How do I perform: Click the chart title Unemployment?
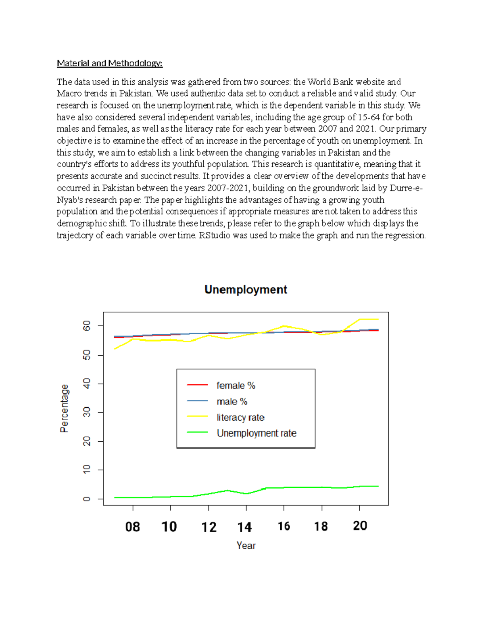[246, 289]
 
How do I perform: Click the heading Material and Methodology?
[109, 63]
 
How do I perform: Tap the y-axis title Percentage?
[65, 408]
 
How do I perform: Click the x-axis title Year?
[246, 545]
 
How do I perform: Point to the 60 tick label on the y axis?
[87, 326]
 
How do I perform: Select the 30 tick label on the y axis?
[87, 412]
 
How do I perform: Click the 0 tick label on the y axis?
[87, 499]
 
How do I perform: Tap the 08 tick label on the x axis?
[132, 527]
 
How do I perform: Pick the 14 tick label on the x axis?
[244, 527]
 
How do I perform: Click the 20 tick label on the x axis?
[360, 526]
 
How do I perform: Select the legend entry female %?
[236, 386]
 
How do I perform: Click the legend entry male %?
[232, 402]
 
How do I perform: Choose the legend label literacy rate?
[240, 417]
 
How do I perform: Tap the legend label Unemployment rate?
[257, 433]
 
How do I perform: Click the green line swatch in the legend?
[197, 432]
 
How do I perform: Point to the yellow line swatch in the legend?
[197, 416]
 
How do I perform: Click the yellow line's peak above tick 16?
[284, 325]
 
